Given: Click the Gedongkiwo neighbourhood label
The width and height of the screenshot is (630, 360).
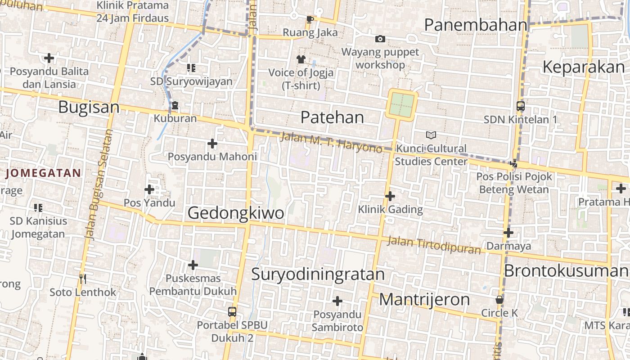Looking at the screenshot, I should point(236,213).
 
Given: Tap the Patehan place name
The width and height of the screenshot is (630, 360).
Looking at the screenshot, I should point(332,117).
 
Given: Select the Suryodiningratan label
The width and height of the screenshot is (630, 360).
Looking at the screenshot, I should point(318,274).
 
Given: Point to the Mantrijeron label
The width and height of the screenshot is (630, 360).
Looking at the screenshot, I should point(424,299).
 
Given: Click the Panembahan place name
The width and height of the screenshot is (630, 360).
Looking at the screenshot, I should point(475,25).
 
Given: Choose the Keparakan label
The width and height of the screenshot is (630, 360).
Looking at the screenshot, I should point(584,67).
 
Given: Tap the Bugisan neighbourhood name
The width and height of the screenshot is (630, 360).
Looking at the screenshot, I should point(89,108).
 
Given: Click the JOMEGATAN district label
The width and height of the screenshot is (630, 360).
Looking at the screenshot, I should point(44,173).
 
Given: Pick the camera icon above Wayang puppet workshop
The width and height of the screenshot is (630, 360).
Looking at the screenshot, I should point(380,39).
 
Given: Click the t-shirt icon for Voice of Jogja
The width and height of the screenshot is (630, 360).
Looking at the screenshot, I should point(301,59).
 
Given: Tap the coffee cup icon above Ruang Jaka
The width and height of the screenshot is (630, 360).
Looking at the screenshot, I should point(310,19).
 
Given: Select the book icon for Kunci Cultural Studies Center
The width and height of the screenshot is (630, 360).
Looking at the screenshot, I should point(431,135).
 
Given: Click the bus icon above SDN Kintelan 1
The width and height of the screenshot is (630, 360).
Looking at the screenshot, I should point(520,107).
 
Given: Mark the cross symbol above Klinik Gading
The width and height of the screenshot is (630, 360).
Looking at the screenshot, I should point(390,196).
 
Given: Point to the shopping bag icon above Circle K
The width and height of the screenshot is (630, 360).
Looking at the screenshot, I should point(499,300).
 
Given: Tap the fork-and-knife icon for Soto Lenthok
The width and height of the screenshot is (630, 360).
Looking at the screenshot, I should point(82,279).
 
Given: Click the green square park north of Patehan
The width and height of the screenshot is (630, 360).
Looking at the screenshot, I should point(401,104).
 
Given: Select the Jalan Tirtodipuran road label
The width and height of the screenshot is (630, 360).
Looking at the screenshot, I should point(434,245).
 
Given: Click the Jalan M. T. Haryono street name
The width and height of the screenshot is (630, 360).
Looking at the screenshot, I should point(331,142).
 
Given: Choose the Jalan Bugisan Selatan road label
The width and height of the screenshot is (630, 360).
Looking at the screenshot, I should point(99,184).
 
